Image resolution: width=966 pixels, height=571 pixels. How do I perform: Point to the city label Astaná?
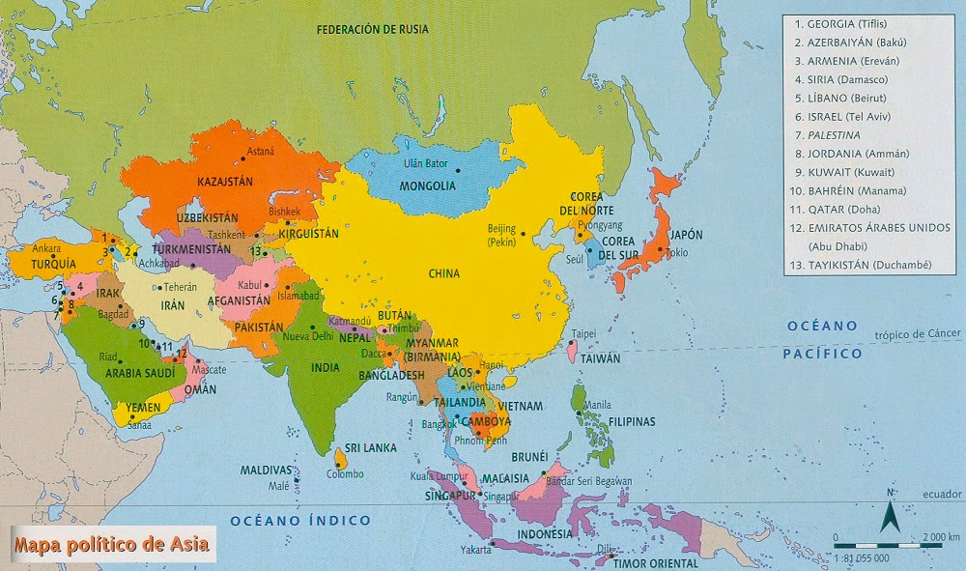coord(261,151)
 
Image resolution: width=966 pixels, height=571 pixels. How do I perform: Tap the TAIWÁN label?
coord(600,357)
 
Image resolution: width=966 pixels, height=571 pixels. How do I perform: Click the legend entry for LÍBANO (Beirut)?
coord(846,98)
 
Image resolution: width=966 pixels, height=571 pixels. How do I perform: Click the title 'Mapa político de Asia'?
coord(111,544)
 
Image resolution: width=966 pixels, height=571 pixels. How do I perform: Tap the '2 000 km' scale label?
coord(940,537)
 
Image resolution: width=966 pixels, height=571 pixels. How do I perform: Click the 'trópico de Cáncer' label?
coord(918,334)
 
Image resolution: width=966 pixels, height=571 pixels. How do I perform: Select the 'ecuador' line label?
coord(942,494)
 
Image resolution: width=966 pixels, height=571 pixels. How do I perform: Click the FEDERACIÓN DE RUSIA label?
coord(373,29)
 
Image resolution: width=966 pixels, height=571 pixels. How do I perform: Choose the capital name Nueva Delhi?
coord(307,336)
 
